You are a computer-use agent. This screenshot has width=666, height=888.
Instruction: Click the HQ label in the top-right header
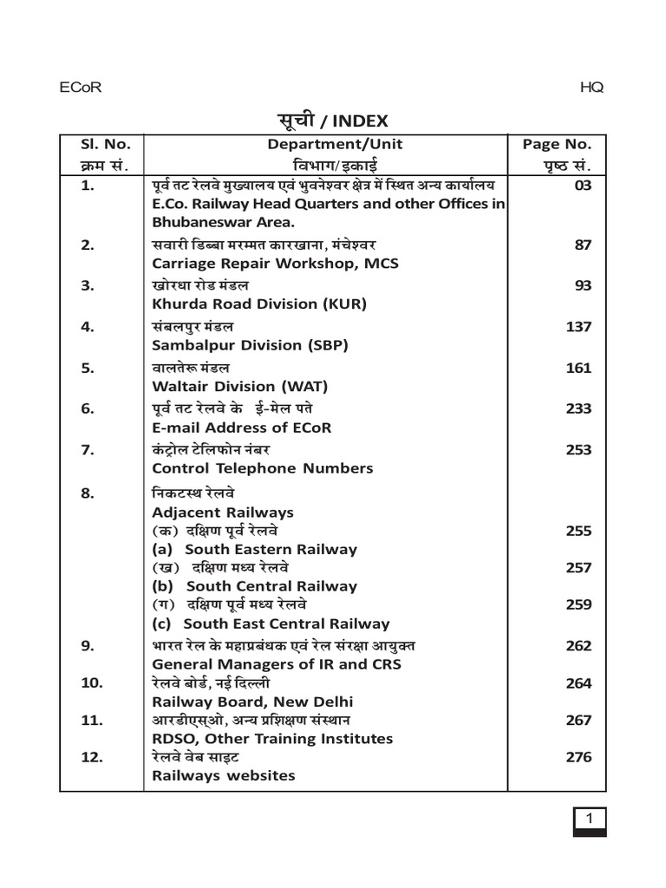592,87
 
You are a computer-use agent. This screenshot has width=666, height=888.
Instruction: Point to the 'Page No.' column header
557,145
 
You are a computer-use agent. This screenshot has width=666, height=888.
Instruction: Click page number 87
583,245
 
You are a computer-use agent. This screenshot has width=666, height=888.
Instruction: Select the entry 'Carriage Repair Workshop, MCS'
275,263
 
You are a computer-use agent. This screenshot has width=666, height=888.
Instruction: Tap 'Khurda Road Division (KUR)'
260,304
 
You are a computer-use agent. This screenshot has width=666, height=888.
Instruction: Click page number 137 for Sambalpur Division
578,327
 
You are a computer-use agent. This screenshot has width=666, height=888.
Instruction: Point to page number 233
578,408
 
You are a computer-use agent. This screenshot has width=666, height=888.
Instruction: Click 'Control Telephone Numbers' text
263,468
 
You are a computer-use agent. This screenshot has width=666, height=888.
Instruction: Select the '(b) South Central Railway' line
255,586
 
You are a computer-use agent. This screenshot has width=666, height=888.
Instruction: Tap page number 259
578,604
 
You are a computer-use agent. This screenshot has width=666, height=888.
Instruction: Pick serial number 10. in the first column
92,683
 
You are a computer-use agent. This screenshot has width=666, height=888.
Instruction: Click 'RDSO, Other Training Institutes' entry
272,739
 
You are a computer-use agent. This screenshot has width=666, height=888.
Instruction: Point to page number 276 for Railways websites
578,757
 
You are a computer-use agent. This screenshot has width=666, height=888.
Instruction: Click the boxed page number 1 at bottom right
590,819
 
